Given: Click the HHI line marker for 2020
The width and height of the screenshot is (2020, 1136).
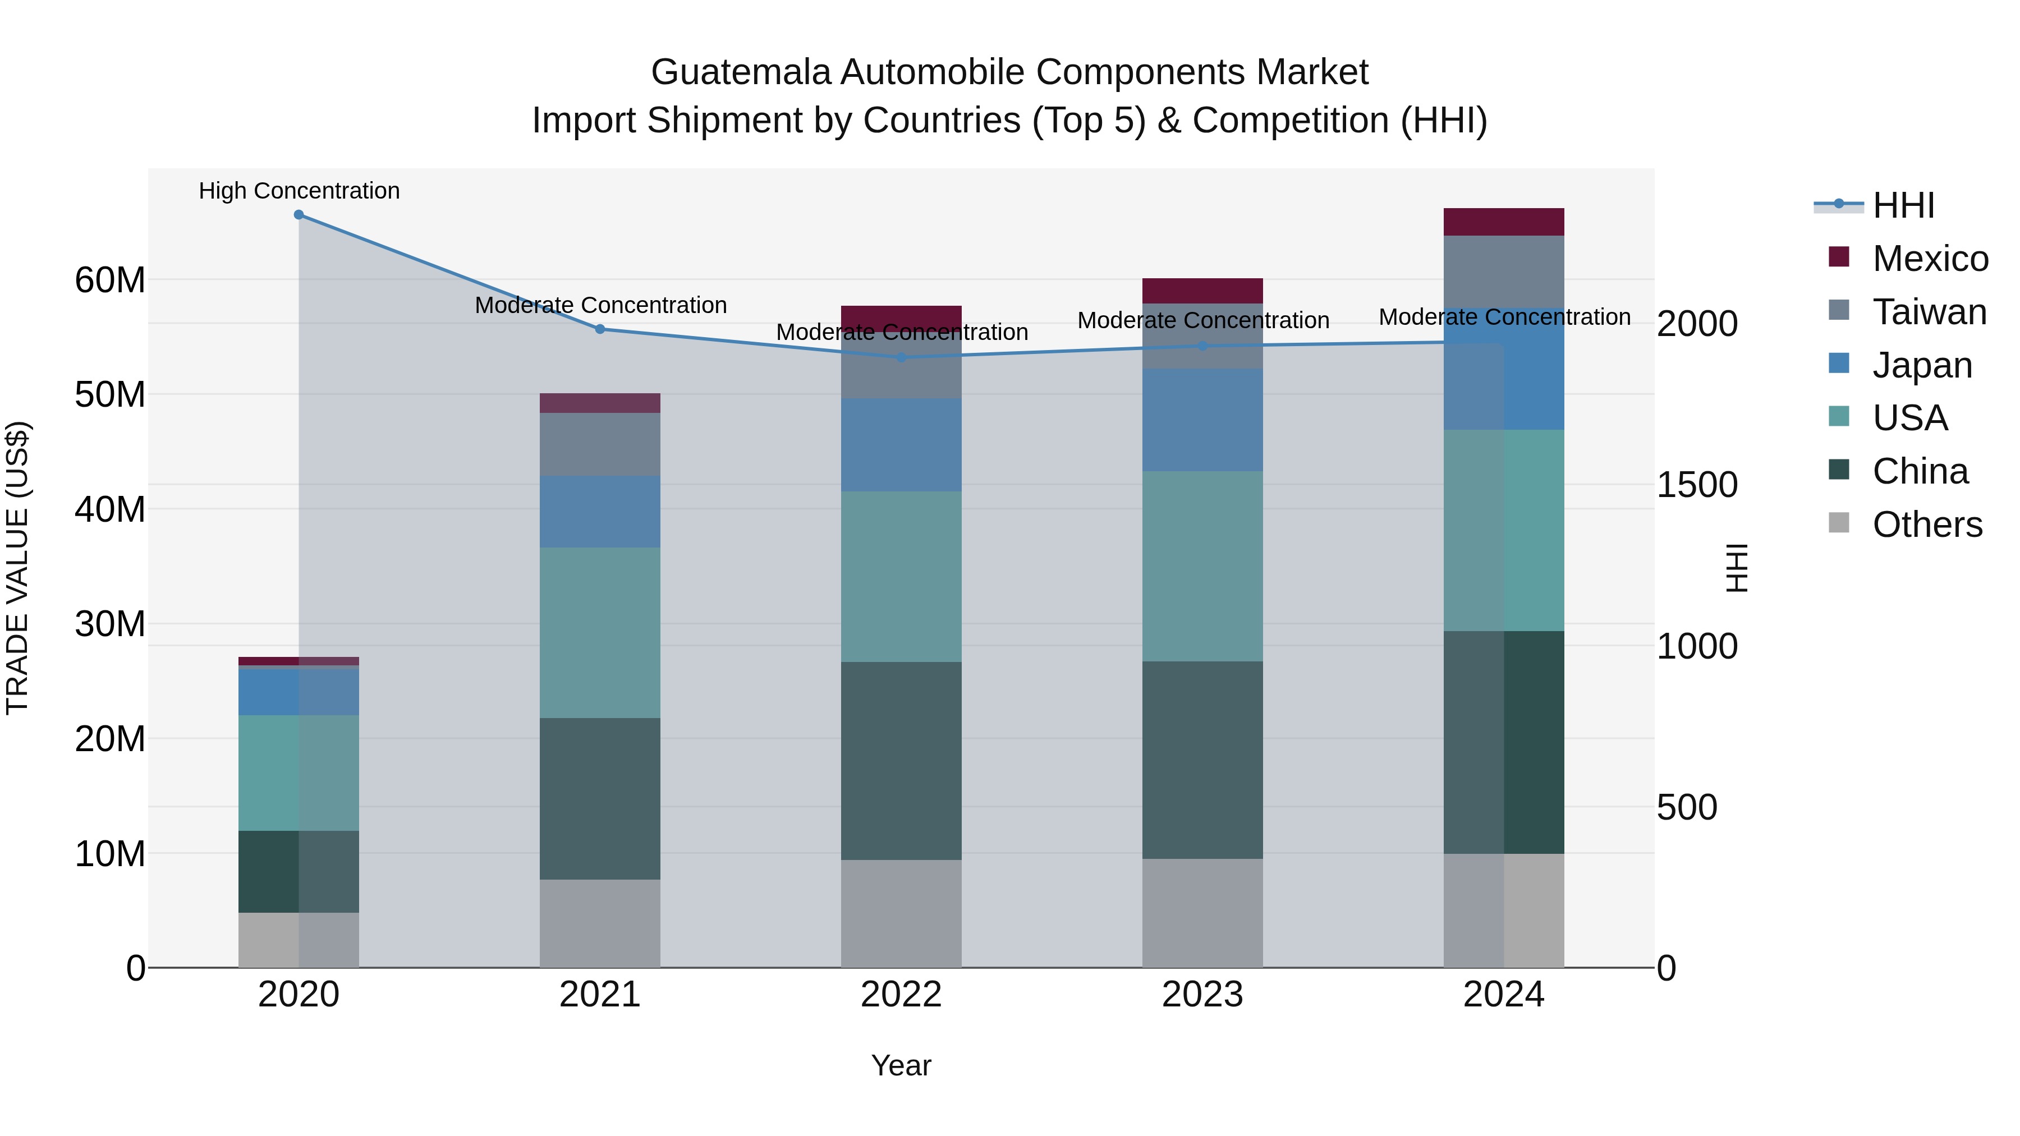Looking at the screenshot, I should click(x=299, y=215).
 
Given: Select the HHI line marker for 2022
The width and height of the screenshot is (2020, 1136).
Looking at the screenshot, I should click(x=901, y=357).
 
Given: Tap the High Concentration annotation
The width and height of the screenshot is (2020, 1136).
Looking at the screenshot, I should click(x=299, y=191).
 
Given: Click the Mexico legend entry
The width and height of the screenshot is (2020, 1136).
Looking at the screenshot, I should click(x=1930, y=259).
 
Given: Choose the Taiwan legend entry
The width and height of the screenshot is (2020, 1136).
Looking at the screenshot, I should click(x=1929, y=312).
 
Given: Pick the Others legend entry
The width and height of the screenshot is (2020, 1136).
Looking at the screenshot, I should click(x=1927, y=525).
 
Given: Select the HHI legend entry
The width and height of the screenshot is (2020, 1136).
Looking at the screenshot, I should click(x=1903, y=205).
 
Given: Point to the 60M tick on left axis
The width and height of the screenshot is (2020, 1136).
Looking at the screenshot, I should click(x=110, y=280).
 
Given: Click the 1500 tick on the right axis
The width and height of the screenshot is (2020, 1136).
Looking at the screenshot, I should click(x=1697, y=485).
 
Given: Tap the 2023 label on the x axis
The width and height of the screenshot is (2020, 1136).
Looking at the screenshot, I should click(x=1202, y=995).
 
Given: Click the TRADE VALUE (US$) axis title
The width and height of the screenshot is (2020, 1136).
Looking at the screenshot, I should click(x=17, y=568).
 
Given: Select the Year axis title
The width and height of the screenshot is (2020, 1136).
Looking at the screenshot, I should click(x=901, y=1065).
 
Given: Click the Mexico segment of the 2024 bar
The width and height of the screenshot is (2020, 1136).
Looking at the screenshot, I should click(x=1503, y=222).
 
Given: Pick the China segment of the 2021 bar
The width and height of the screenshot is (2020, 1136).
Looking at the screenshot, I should click(x=600, y=798).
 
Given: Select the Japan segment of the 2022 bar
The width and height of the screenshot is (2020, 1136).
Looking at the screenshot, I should click(x=901, y=444).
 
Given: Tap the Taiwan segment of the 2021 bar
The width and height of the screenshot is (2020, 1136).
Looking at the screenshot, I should click(x=600, y=444).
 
